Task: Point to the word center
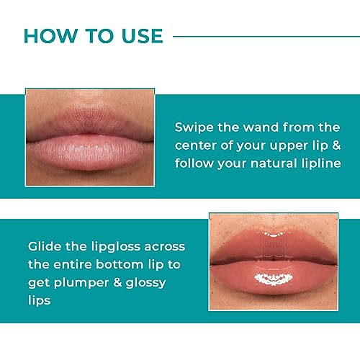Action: point(198,146)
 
